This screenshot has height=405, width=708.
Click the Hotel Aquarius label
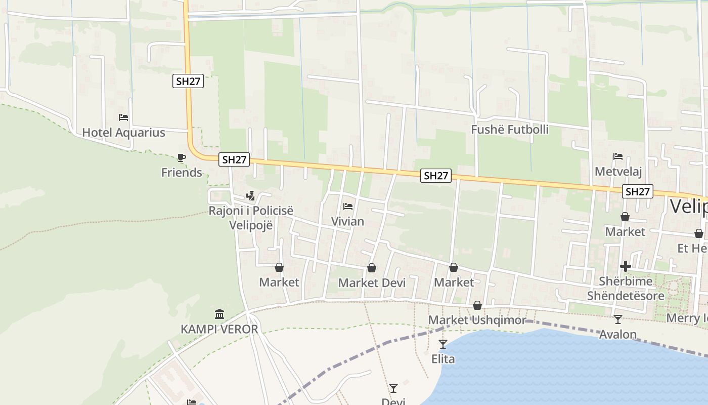tap(123, 133)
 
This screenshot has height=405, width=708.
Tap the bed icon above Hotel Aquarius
tap(123, 117)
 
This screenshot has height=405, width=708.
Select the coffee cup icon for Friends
tap(182, 158)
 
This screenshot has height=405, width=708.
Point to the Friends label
tap(182, 173)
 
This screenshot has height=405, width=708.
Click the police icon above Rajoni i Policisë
tap(250, 195)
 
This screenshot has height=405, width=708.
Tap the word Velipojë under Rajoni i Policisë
tap(251, 225)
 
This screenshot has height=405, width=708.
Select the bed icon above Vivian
tap(347, 207)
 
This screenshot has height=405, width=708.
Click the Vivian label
tap(347, 221)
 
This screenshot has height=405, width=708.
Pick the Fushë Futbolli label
tap(510, 130)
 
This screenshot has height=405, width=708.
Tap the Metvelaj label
tap(618, 172)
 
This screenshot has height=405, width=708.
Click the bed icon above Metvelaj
tap(618, 156)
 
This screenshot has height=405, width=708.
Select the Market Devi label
tap(372, 283)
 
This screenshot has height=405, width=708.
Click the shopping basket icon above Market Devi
tap(372, 268)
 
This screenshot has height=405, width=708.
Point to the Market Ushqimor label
tap(477, 320)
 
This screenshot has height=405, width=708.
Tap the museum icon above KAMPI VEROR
tap(219, 314)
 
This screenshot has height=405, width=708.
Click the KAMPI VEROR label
tap(219, 329)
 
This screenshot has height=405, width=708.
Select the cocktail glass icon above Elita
tap(443, 344)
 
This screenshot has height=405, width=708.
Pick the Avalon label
tap(617, 334)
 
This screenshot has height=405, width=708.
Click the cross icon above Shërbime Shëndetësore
tap(626, 266)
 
